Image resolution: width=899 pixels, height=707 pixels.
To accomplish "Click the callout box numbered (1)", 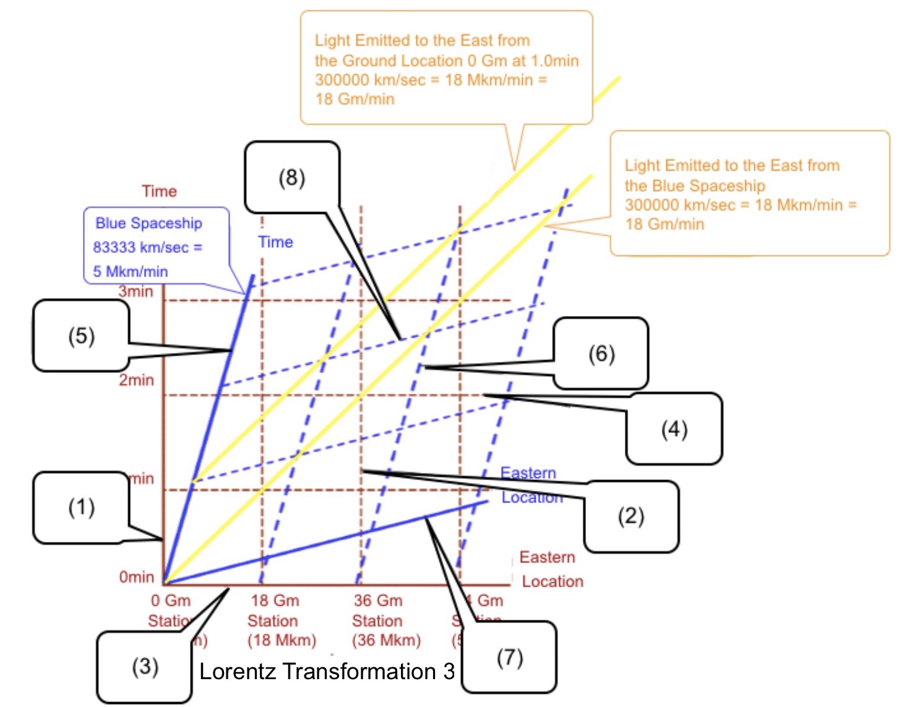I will [81, 508].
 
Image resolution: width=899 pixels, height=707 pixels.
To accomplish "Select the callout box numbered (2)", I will [631, 516].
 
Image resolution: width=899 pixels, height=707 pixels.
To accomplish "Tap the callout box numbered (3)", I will [145, 667].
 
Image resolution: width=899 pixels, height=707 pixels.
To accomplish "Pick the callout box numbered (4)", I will [674, 429].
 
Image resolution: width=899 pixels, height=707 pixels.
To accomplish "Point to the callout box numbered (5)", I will [81, 336].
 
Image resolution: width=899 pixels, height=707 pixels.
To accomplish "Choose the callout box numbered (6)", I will [601, 354].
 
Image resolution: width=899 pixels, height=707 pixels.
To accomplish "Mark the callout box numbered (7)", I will [509, 658].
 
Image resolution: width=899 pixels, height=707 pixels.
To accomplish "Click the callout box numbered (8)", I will [292, 178].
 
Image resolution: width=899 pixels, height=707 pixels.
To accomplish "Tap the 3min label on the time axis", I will [136, 291].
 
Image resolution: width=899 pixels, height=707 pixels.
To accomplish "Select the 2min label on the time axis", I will [136, 380].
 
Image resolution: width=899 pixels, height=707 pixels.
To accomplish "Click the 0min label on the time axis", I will [136, 577].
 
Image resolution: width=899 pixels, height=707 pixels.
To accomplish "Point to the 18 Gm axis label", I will [275, 601].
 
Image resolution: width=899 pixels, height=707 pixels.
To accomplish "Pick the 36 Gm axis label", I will [378, 601].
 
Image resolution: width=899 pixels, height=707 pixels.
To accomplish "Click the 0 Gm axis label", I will [171, 601].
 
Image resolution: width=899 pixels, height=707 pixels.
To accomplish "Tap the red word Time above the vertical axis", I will [159, 191].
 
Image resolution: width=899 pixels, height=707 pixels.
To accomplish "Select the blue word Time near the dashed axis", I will [275, 242].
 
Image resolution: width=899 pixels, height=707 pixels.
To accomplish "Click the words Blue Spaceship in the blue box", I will [148, 223].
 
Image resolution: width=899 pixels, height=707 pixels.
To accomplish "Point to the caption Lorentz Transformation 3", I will [327, 671].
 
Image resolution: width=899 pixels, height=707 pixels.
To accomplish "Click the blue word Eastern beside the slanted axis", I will [528, 473].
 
